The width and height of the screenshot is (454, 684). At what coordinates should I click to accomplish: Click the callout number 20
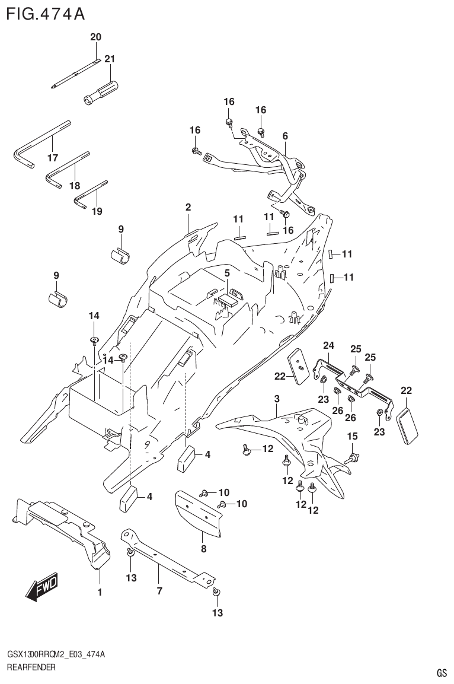pyautogui.click(x=95, y=37)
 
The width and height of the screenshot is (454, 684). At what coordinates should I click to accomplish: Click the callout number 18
pyautogui.click(x=74, y=186)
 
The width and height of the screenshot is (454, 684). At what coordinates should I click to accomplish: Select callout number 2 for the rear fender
pyautogui.click(x=188, y=208)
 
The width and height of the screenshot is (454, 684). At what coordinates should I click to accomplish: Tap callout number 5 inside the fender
pyautogui.click(x=226, y=273)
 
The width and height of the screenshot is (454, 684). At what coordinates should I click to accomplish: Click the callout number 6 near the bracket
pyautogui.click(x=285, y=136)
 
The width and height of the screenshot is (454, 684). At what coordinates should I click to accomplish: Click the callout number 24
pyautogui.click(x=328, y=345)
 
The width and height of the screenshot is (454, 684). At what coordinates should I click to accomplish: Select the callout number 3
pyautogui.click(x=276, y=399)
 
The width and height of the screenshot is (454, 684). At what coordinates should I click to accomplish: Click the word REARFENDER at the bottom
pyautogui.click(x=31, y=667)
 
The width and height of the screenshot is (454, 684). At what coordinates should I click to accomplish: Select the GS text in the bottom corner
pyautogui.click(x=441, y=673)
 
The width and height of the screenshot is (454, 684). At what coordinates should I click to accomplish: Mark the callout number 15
pyautogui.click(x=352, y=437)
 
